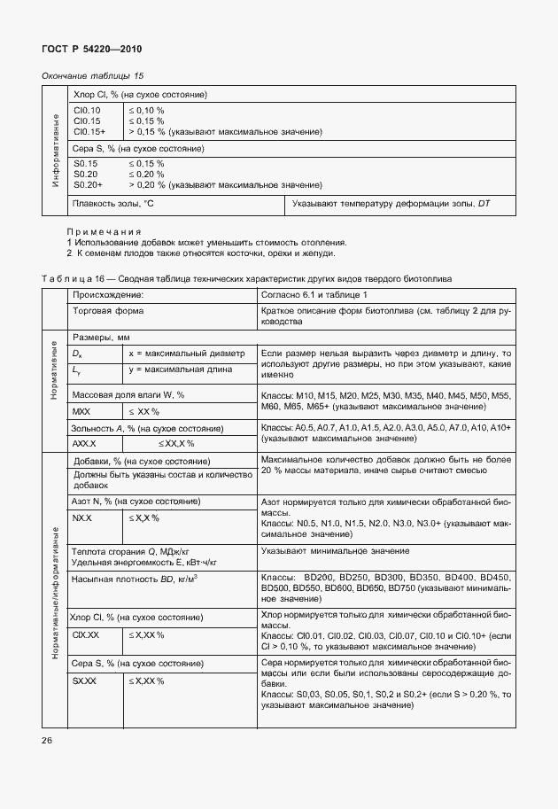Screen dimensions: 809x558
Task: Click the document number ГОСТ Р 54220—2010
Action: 92,50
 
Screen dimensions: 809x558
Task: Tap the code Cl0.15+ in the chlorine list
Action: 89,132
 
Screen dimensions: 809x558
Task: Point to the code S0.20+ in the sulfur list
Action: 89,184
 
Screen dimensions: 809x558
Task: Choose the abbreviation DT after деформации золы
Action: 484,205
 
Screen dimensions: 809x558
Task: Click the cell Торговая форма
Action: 108,311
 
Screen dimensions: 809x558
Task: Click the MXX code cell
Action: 81,412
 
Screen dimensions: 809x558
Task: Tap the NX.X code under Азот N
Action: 81,517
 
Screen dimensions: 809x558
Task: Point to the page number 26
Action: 47,738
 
